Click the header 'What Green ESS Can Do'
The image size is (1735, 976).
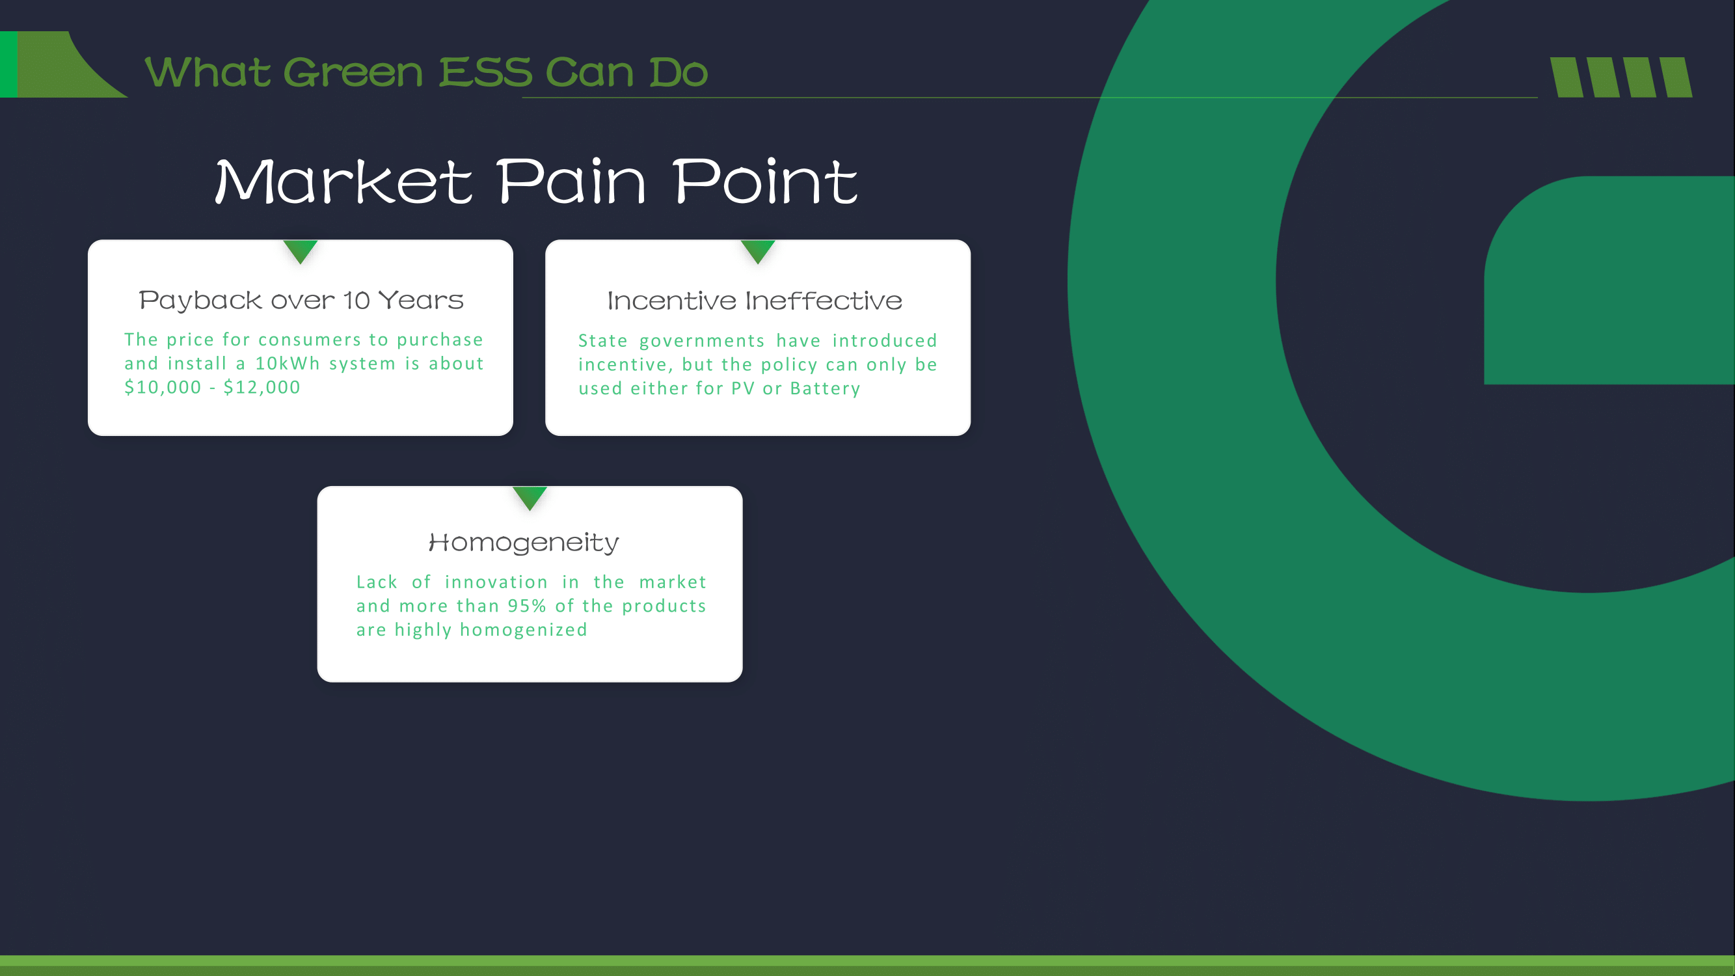tap(426, 72)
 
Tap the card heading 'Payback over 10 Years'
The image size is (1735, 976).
tap(301, 300)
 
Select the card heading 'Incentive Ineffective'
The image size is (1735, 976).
tap(755, 301)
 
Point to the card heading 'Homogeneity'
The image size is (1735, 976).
tap(523, 542)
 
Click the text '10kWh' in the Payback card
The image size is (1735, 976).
tap(288, 364)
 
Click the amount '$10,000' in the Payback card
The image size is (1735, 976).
tap(163, 387)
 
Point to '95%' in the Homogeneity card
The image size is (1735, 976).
tap(527, 606)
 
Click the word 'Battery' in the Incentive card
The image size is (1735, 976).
tap(825, 388)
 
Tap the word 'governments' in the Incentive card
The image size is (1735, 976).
tap(702, 341)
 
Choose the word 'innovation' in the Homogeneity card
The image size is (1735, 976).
tap(496, 582)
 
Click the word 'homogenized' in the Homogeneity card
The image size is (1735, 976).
tap(523, 630)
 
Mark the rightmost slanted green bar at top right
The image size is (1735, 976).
tap(1676, 77)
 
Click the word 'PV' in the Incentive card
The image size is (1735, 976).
tap(743, 388)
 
